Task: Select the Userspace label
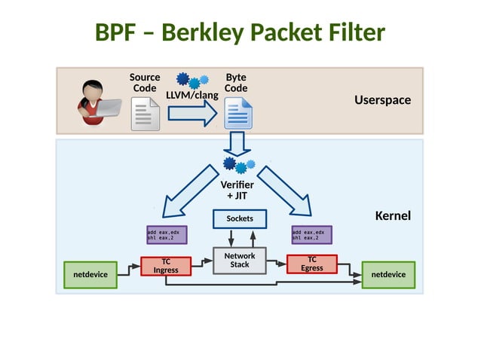point(382,100)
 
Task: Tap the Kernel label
point(393,216)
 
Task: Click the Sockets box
point(240,218)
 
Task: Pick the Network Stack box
point(240,261)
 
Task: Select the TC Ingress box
point(166,265)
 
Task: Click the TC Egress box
point(311,264)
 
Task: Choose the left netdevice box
point(90,275)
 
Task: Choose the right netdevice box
point(388,274)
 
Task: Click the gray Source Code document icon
point(145,114)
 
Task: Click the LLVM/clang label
point(191,95)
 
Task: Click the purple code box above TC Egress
point(311,235)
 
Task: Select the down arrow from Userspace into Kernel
point(238,143)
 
